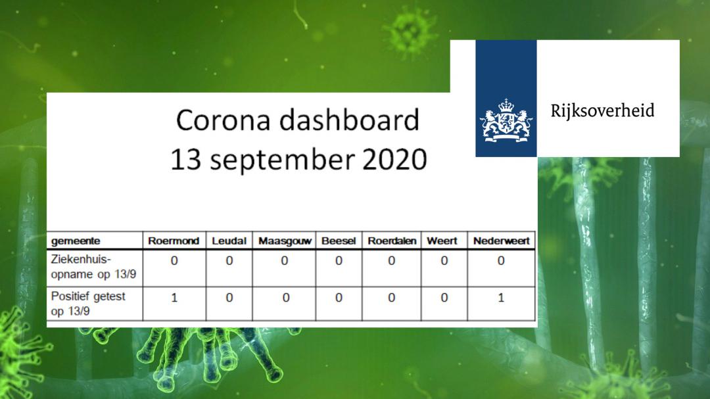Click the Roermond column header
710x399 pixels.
coord(174,241)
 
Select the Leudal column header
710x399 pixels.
coord(229,241)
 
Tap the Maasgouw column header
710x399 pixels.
coord(285,241)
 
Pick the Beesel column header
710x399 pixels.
coord(339,241)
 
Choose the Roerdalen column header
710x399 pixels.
coord(392,241)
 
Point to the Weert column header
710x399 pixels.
coord(442,241)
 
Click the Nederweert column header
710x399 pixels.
coord(501,241)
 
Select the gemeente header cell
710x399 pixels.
coord(76,241)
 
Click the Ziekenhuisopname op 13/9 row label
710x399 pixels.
coord(93,267)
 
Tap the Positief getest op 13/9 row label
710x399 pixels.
coord(88,304)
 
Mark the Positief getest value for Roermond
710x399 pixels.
coord(174,298)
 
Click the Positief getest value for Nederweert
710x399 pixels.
coord(501,298)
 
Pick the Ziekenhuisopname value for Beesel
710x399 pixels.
coord(339,261)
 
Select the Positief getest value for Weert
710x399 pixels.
coord(444,298)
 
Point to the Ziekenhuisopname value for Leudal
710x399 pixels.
coord(229,261)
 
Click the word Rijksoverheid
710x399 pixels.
coord(602,110)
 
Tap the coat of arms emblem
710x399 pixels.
coord(506,121)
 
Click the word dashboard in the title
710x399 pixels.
coord(349,120)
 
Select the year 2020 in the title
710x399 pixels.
coord(394,160)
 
